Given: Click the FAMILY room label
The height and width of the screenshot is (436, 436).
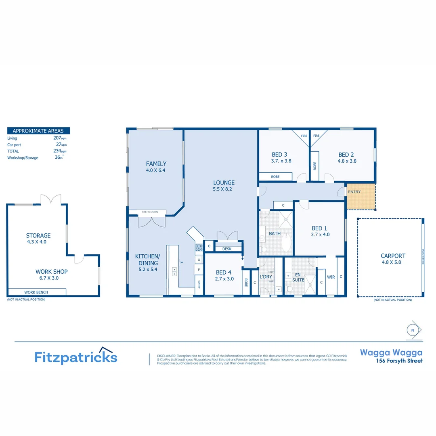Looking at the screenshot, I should point(156,164).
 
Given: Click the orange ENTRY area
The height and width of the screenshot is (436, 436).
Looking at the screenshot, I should point(361,197).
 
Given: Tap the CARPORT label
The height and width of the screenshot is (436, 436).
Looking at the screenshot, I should point(392,256).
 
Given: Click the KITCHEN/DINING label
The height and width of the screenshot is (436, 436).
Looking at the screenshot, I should point(147,259).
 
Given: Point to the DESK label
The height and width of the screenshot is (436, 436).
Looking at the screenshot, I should point(227,249).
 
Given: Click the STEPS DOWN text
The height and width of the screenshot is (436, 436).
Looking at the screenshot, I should point(150,212).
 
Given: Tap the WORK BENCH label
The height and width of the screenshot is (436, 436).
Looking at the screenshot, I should point(36,292).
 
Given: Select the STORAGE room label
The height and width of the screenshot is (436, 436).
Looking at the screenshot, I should point(38,235).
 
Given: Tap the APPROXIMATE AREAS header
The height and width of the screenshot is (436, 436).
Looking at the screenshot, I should point(38,131).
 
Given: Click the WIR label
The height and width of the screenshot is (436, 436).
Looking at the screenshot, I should point(331,277).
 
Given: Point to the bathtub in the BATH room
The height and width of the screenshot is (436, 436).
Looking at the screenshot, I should point(286,241).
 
